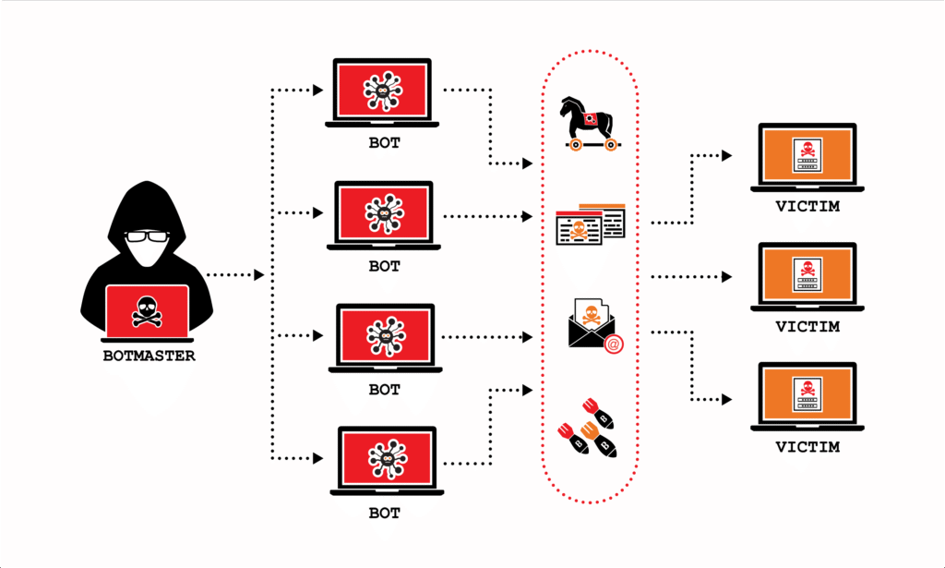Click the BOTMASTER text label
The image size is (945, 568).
pos(149,356)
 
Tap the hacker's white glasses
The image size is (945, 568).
pos(149,237)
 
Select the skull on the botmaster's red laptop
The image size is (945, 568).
pos(148,311)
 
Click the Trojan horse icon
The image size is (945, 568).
pos(587,123)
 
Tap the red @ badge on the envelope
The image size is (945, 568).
pos(613,344)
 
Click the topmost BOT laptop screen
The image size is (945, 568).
pos(382,91)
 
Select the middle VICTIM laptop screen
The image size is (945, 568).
pos(807,272)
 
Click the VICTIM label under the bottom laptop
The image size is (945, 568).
pos(807,447)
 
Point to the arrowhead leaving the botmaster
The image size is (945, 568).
pos(259,275)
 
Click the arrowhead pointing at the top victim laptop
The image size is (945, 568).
pos(727,153)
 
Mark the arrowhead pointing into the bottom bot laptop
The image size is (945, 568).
pos(318,458)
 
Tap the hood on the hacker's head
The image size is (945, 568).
pos(148,205)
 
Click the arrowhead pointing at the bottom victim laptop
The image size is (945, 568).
pos(727,399)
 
